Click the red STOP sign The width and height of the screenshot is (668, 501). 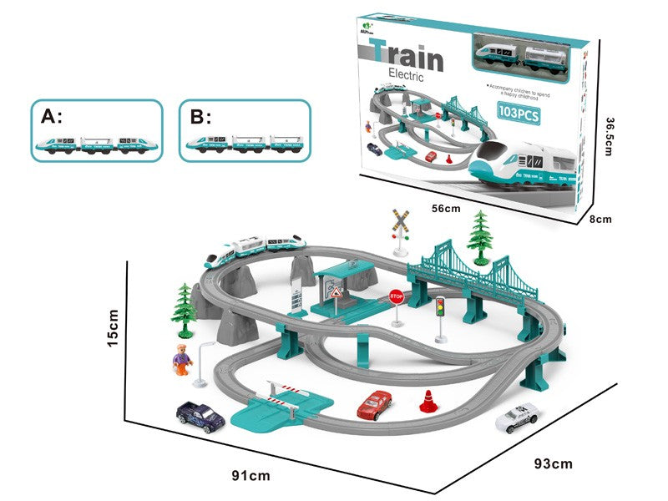coord(397,296)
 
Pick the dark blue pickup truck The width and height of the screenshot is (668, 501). coord(199,414)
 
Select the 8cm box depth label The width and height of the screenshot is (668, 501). coord(601,219)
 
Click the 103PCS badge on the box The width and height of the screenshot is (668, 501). coord(518,114)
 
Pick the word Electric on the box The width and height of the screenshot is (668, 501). coord(406,76)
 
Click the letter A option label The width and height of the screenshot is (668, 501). coord(51,116)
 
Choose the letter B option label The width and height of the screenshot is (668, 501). coord(201,116)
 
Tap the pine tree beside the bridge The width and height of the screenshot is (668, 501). coord(480,235)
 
